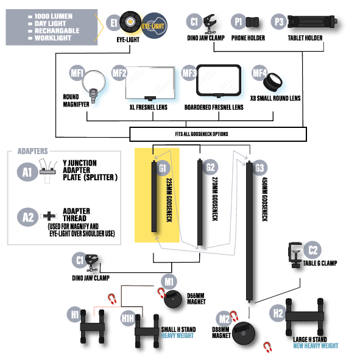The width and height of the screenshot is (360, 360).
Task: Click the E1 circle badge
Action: pyautogui.click(x=114, y=23)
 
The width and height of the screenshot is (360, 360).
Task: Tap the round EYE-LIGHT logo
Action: pyautogui.click(x=154, y=26)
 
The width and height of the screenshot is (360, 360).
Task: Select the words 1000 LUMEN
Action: pyautogui.click(x=54, y=16)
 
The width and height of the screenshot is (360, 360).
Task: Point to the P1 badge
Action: pyautogui.click(x=238, y=21)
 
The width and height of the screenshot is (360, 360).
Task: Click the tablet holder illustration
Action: pyautogui.click(x=312, y=21)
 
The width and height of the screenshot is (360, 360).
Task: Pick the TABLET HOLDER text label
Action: pyautogui.click(x=305, y=38)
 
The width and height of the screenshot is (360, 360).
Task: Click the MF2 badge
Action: pyautogui.click(x=119, y=73)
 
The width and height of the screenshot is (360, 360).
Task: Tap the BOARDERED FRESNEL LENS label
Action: pyautogui.click(x=214, y=107)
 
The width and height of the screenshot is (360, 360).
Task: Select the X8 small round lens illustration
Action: pyautogui.click(x=272, y=82)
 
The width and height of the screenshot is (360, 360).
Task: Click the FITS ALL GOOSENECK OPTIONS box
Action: pyautogui.click(x=218, y=134)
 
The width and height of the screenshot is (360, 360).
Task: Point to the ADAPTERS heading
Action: pyautogui.click(x=33, y=151)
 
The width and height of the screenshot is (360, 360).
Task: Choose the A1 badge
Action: pyautogui.click(x=27, y=172)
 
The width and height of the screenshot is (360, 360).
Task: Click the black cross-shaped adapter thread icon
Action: pyautogui.click(x=49, y=216)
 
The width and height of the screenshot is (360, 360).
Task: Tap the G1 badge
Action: pyautogui.click(x=163, y=168)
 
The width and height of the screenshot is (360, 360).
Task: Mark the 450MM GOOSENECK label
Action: pyautogui.click(x=265, y=199)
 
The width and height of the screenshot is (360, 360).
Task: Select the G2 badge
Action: pyautogui.click(x=210, y=167)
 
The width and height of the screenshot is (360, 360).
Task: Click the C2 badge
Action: pyautogui.click(x=312, y=250)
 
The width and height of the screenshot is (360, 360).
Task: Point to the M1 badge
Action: pyautogui.click(x=169, y=281)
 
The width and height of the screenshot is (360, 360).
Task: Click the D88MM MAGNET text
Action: pyautogui.click(x=221, y=333)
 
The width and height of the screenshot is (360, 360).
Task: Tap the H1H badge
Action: pyautogui.click(x=128, y=318)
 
